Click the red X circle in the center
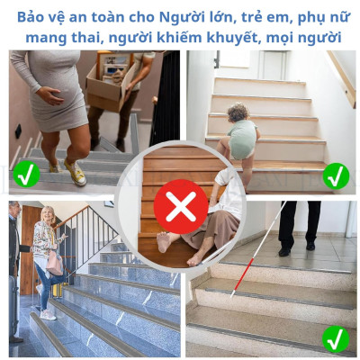point(181,206)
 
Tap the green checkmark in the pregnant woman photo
point(26,174)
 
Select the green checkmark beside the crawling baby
point(336,175)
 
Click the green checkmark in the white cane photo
point(336,338)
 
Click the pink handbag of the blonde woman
point(55,262)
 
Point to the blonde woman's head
point(46,217)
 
